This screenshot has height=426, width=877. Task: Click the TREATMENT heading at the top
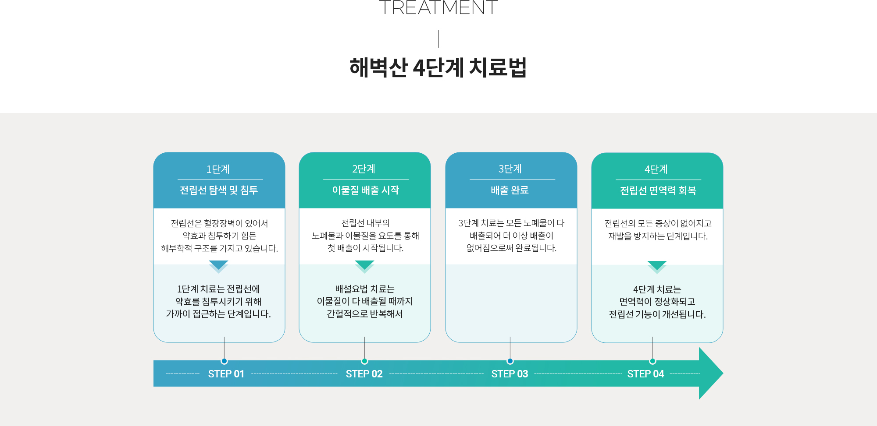[x=438, y=7]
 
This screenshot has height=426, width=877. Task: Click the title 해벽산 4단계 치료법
[x=438, y=68]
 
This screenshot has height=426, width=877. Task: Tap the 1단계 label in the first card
[x=218, y=169]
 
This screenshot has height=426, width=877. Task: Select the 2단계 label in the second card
[x=364, y=169]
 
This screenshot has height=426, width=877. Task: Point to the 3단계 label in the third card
[x=510, y=169]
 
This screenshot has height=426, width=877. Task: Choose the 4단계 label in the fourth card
[x=656, y=169]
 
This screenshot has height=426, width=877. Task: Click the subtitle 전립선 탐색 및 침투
[x=219, y=190]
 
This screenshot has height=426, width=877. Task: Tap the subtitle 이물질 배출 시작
[x=365, y=190]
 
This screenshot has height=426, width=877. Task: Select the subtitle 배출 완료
[x=510, y=190]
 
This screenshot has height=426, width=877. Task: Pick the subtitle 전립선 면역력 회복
[x=658, y=190]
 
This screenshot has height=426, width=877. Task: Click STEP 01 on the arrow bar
[x=226, y=374]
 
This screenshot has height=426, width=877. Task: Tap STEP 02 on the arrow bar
[x=364, y=374]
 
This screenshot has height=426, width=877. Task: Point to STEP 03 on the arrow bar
[x=510, y=374]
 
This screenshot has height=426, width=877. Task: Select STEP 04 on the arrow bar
[x=645, y=374]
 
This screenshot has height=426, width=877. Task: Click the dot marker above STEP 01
[x=224, y=361]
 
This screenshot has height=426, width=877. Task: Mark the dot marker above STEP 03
[x=510, y=361]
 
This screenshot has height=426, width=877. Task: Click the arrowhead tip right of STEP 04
[x=723, y=373]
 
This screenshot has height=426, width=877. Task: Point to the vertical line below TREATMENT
[x=438, y=39]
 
